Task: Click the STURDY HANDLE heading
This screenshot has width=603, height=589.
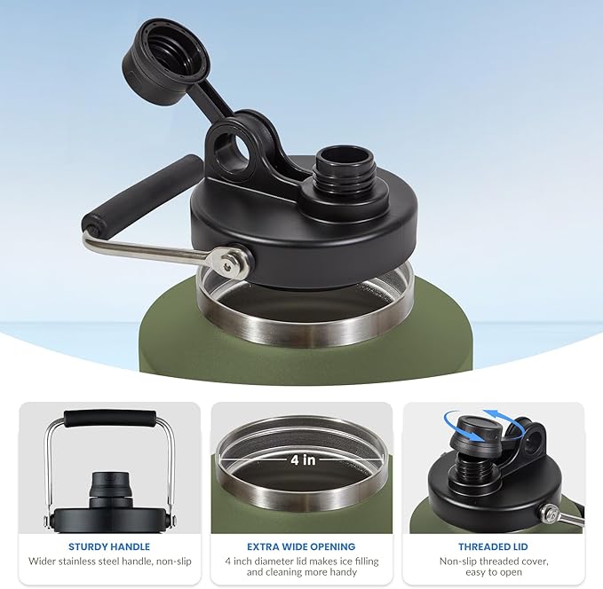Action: click(x=109, y=546)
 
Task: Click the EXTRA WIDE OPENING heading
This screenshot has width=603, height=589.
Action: click(x=301, y=546)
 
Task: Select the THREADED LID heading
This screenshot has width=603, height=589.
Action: click(x=493, y=546)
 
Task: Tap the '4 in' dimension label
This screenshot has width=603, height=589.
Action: click(x=303, y=459)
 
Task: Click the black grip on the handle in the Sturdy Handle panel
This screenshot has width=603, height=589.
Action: click(x=110, y=419)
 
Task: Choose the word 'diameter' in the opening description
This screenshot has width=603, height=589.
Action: click(x=276, y=562)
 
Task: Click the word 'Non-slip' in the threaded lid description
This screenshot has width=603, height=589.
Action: click(x=457, y=562)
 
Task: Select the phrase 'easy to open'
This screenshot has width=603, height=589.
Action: click(x=494, y=572)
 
